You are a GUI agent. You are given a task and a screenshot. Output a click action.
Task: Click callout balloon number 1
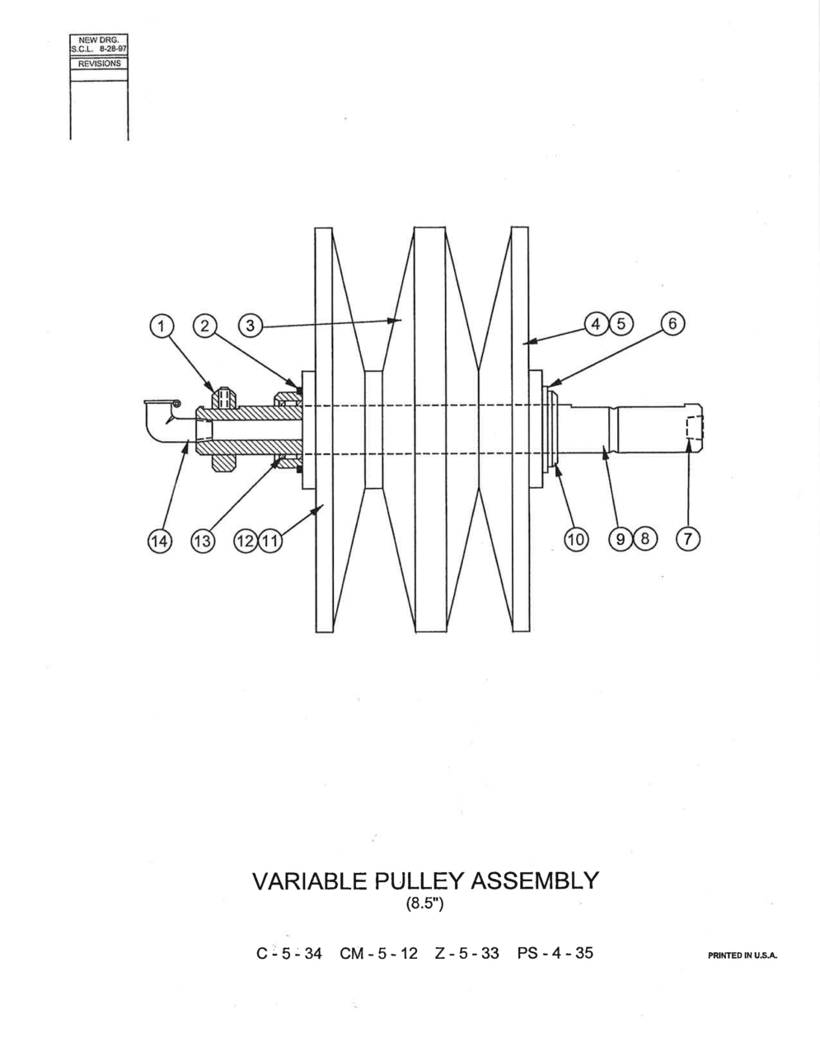[x=162, y=325]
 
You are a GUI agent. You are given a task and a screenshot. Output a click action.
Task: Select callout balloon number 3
[x=251, y=325]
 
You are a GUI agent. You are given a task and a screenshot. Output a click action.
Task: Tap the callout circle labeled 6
[x=672, y=323]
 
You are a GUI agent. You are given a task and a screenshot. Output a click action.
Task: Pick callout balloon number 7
[x=687, y=539]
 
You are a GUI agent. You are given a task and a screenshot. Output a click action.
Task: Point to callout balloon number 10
[x=576, y=539]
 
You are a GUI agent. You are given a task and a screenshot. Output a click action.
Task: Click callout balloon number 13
[x=203, y=541]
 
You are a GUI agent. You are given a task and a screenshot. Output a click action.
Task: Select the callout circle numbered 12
[x=246, y=541]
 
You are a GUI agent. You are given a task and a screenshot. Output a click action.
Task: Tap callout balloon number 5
[x=621, y=324]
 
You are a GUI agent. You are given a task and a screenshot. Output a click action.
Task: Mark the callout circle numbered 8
[x=644, y=539]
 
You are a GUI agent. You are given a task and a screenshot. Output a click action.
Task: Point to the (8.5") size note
[x=424, y=904]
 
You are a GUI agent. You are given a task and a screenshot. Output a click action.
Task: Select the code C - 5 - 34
[x=289, y=953]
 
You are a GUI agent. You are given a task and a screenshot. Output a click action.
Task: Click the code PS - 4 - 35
[x=555, y=953]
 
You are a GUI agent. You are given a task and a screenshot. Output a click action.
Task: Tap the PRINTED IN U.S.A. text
[x=743, y=955]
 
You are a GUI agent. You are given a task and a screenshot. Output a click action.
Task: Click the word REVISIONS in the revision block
[x=100, y=63]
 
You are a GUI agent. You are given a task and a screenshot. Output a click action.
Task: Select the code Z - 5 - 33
[x=467, y=953]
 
